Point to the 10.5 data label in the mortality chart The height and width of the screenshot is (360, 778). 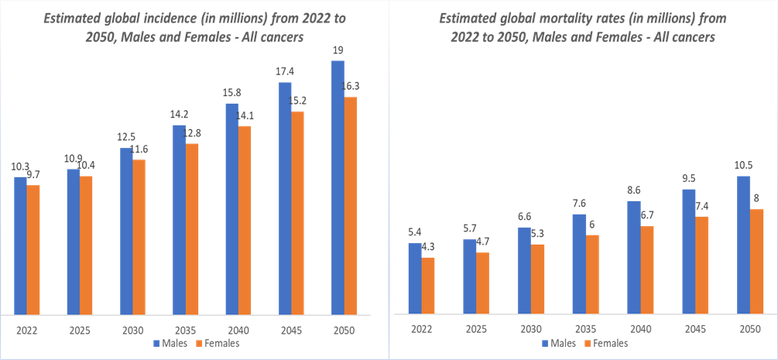(743, 166)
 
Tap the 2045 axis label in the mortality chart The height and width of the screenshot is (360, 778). (694, 328)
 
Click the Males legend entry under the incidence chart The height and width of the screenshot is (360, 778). (174, 343)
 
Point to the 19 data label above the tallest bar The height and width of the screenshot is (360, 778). (338, 50)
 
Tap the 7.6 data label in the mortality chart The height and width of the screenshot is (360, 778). (579, 204)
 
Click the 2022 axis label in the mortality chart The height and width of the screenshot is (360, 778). (421, 328)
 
